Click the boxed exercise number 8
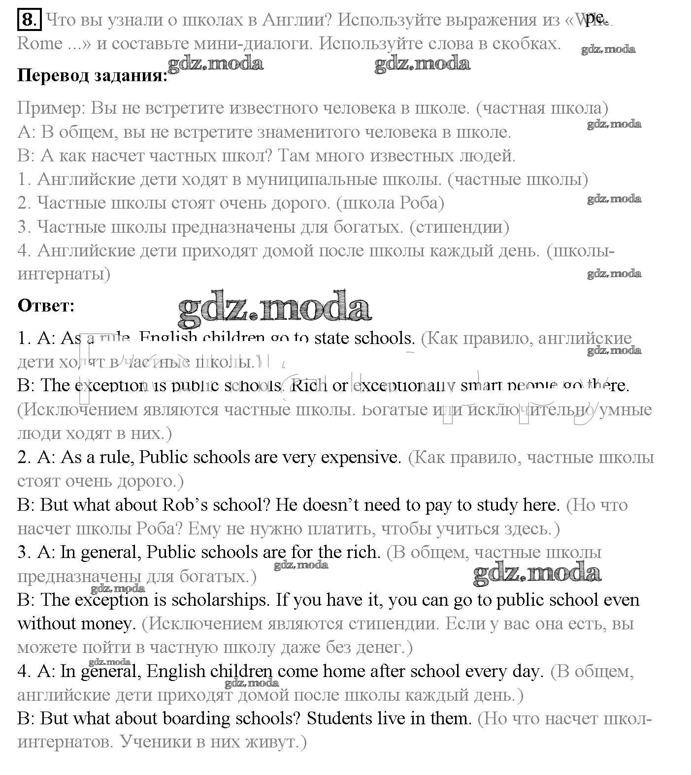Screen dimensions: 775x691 click(x=29, y=20)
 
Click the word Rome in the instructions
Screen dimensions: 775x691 click(x=40, y=44)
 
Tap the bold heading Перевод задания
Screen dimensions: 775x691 click(x=92, y=76)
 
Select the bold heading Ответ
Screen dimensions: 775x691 click(x=46, y=306)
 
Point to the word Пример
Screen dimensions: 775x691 click(x=51, y=108)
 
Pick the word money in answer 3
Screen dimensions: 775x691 click(x=107, y=624)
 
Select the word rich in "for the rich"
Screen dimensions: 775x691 click(x=362, y=553)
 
